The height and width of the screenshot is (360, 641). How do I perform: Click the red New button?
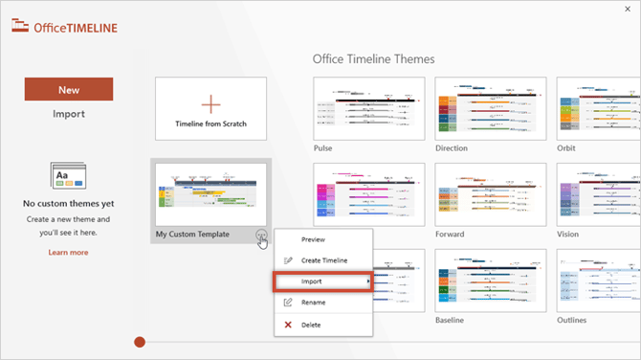(x=69, y=89)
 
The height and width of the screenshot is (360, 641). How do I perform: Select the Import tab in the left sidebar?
(x=69, y=114)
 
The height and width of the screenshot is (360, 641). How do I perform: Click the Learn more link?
(x=68, y=253)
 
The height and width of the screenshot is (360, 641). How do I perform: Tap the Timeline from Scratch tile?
(x=210, y=109)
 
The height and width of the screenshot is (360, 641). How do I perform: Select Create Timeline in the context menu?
(x=323, y=260)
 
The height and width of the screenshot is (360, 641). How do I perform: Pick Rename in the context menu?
(x=313, y=303)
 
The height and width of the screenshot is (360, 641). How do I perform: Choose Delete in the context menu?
(x=312, y=325)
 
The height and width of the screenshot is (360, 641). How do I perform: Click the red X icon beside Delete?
(x=288, y=325)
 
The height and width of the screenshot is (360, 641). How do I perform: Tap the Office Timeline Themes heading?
(x=373, y=59)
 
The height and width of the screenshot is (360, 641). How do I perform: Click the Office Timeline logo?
(x=65, y=27)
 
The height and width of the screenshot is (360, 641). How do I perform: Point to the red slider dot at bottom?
(x=141, y=342)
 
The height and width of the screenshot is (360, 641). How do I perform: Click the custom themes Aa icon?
(x=69, y=177)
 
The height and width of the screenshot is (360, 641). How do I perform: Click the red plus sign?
(x=210, y=102)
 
